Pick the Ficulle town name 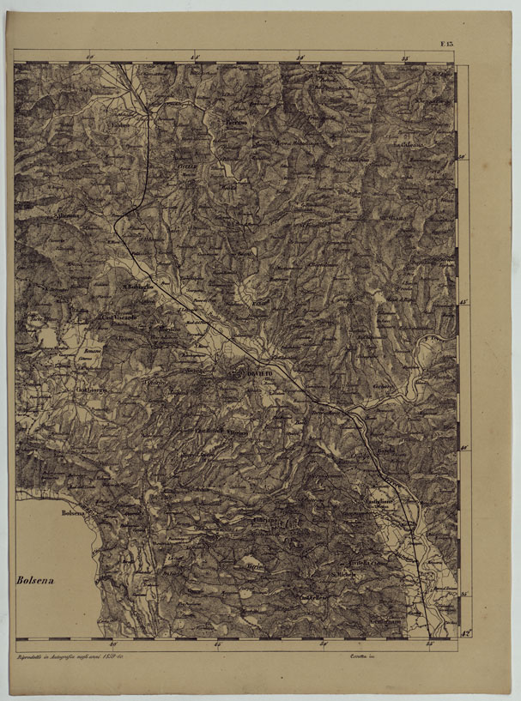pyautogui.click(x=187, y=163)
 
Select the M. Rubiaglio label pyautogui.click(x=137, y=286)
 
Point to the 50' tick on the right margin pyautogui.click(x=463, y=157)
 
